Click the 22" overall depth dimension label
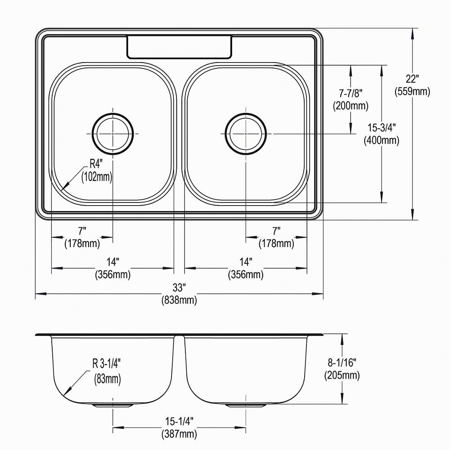point(412,79)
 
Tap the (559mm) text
point(412,91)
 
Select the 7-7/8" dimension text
point(351,93)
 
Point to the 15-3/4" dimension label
point(382,127)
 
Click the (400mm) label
point(382,140)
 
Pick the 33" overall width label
point(179,287)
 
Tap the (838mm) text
point(179,300)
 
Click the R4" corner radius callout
point(96,164)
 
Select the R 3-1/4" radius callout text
point(106,364)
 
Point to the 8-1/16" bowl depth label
point(342,363)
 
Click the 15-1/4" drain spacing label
point(179,421)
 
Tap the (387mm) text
point(179,434)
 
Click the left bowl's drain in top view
point(113,134)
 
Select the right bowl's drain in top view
point(246,134)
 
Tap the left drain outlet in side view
point(113,405)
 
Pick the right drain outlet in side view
point(246,405)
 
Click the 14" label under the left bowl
point(113,262)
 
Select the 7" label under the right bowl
point(276,231)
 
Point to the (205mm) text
point(342,375)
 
